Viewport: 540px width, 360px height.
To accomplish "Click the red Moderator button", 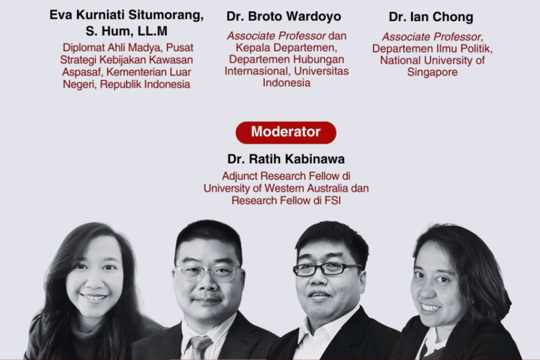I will tap(286, 132).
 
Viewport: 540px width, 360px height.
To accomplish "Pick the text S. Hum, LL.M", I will tap(126, 31).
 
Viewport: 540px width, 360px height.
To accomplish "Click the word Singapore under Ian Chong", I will tap(432, 72).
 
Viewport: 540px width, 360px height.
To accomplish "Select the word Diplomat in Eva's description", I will tap(84, 48).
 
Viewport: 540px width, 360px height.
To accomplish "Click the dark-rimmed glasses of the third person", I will tap(326, 269).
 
